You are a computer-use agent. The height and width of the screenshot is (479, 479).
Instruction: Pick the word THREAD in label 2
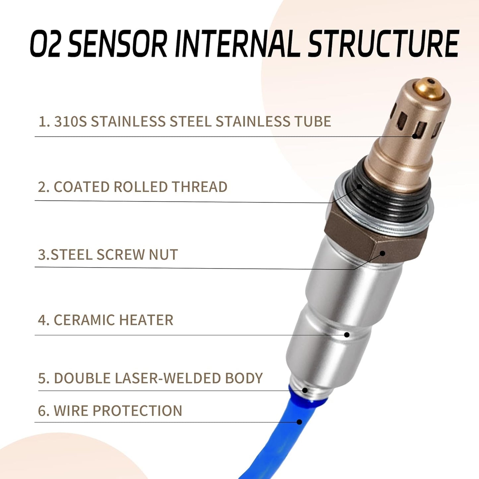(199, 187)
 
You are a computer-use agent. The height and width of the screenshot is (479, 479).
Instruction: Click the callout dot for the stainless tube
(415, 136)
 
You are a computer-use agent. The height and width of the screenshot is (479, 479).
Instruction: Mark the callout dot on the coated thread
(360, 186)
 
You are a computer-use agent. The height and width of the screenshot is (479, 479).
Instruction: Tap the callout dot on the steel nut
(382, 253)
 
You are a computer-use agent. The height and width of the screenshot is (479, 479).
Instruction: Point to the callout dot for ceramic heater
(346, 335)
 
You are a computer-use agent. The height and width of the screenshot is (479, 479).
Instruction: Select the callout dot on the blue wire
(300, 422)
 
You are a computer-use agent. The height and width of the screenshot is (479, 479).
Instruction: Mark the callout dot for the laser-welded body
(305, 390)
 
